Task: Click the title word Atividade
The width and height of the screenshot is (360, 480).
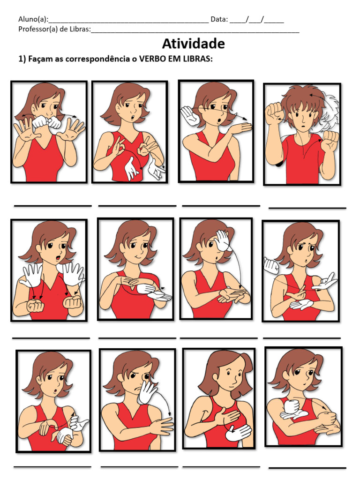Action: click(193, 44)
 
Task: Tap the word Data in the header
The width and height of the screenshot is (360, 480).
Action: click(219, 19)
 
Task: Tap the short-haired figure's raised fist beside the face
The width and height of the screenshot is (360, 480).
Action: click(274, 113)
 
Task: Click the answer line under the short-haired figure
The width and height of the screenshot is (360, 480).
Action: click(307, 208)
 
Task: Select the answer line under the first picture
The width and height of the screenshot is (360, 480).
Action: click(52, 206)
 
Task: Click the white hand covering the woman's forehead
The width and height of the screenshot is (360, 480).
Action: click(225, 240)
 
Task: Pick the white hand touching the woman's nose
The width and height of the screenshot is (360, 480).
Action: click(148, 392)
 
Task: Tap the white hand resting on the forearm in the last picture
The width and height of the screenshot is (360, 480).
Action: click(293, 410)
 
